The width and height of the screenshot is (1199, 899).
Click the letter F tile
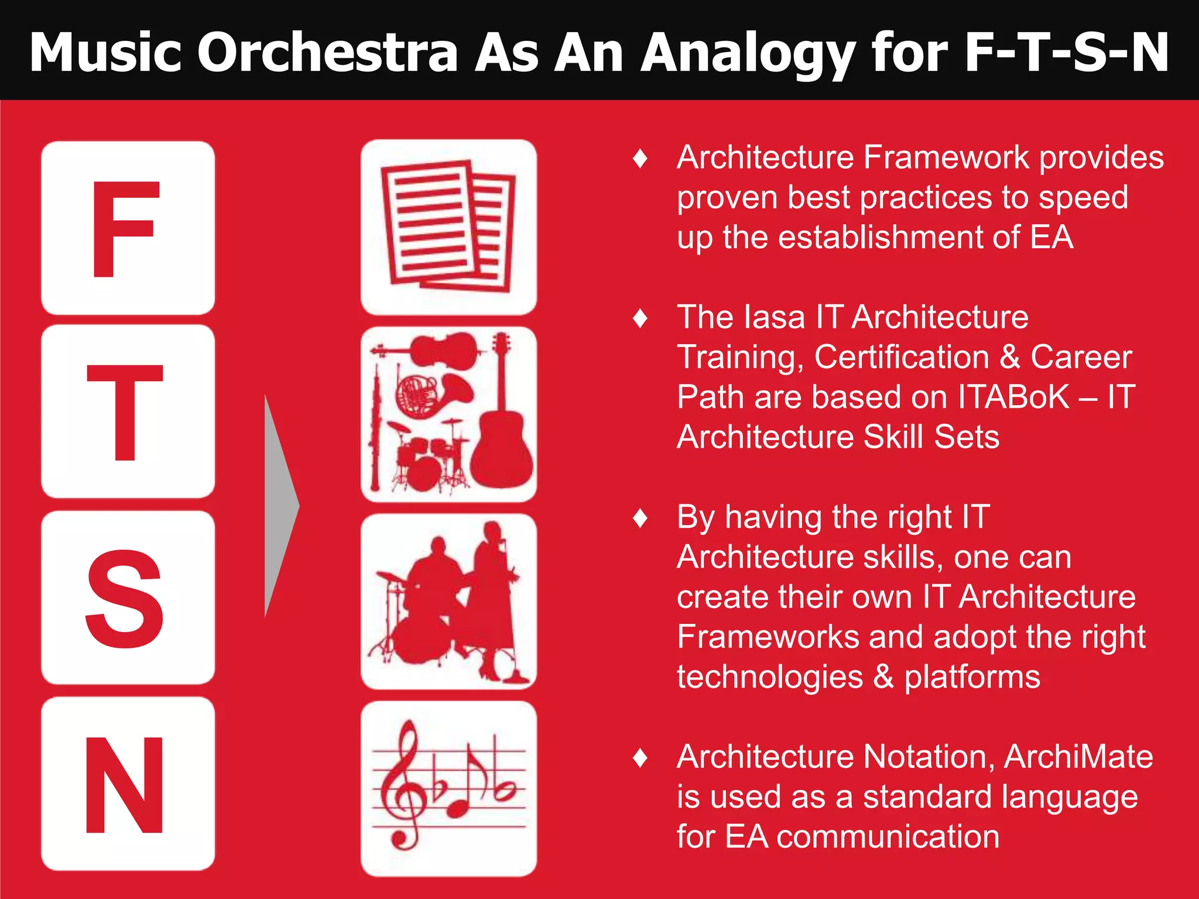pyautogui.click(x=128, y=228)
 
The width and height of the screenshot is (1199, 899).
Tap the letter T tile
pyautogui.click(x=128, y=411)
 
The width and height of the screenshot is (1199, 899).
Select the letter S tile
pyautogui.click(x=128, y=598)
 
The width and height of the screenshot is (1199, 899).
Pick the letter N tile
pyautogui.click(x=128, y=784)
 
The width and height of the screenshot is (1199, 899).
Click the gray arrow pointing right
pyautogui.click(x=282, y=506)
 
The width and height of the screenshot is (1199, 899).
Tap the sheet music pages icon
pyautogui.click(x=448, y=227)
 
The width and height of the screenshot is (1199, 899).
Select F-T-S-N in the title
pyautogui.click(x=1066, y=53)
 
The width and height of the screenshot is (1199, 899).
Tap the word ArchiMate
pyautogui.click(x=1078, y=756)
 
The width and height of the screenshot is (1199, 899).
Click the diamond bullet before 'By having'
pyautogui.click(x=640, y=518)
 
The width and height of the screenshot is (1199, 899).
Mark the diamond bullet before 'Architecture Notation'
pyautogui.click(x=640, y=758)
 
